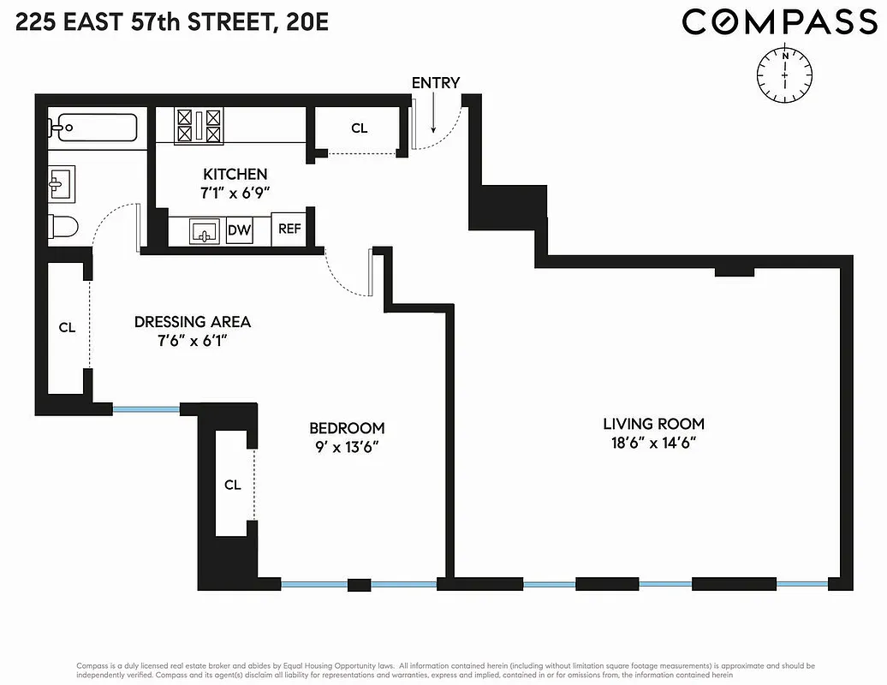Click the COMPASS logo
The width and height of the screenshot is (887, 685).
point(780,22)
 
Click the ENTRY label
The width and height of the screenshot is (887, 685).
point(436,83)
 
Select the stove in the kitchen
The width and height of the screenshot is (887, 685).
point(198,125)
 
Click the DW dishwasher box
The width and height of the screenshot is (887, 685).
point(239,230)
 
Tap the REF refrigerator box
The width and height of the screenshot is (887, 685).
point(288,229)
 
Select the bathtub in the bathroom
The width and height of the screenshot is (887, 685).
point(94,128)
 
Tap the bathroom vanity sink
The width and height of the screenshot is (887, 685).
point(61,182)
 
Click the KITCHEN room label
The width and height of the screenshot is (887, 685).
point(235,175)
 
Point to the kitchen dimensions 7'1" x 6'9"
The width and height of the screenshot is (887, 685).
point(235,194)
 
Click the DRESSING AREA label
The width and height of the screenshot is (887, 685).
point(193,322)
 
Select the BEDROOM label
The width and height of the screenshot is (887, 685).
point(347,428)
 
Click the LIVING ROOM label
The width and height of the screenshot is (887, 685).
point(653,424)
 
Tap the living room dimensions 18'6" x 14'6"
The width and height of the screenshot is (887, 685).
point(653,444)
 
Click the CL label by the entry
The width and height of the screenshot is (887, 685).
point(359,128)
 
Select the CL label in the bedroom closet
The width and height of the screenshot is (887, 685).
point(232,485)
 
